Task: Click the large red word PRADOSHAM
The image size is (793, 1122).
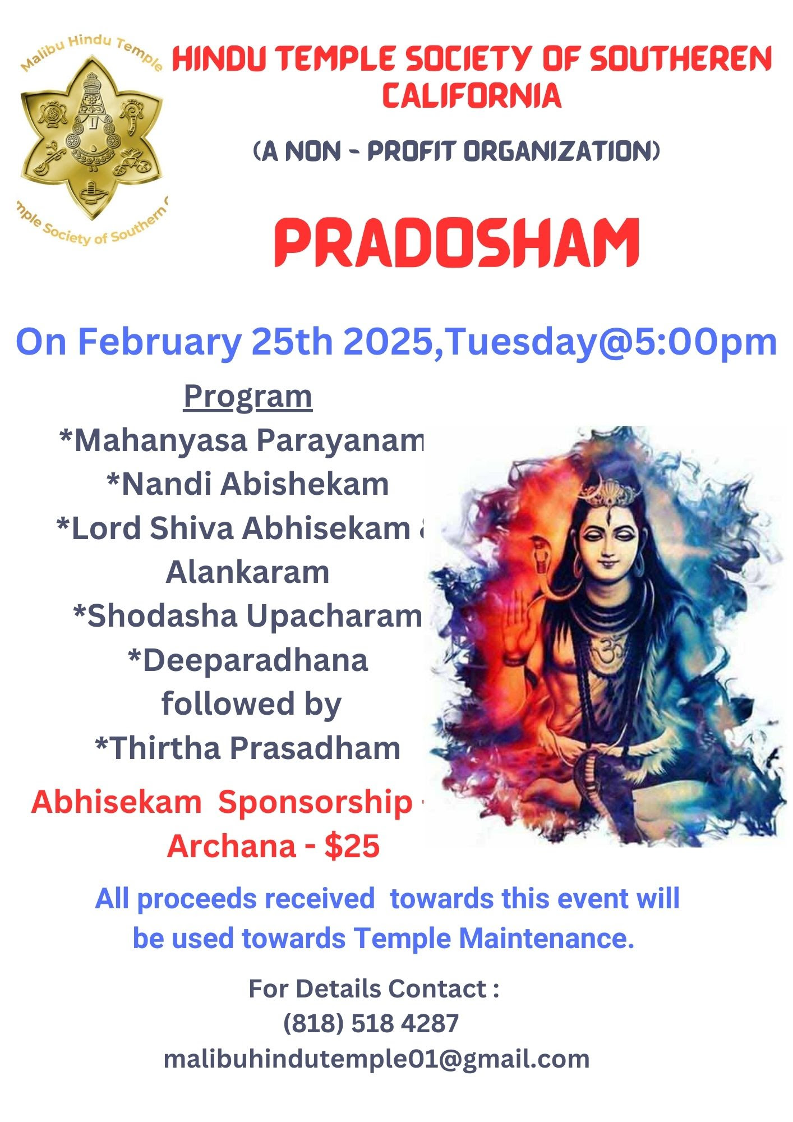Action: [x=457, y=242]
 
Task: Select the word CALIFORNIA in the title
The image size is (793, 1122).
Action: [x=472, y=95]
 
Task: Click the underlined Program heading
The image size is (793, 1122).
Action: [x=248, y=397]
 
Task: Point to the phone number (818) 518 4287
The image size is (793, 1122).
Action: [x=371, y=1023]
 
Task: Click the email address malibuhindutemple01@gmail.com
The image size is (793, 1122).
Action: [x=376, y=1059]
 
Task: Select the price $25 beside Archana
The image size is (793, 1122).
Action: [x=352, y=846]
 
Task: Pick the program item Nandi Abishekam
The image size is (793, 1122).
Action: [x=248, y=484]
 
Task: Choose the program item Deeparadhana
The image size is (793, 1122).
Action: [x=248, y=660]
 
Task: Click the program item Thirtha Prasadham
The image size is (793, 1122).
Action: [x=248, y=748]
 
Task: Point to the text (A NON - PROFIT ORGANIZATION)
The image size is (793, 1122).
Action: [x=457, y=151]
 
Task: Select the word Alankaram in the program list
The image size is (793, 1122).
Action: [x=248, y=572]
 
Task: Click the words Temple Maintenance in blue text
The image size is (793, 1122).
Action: [x=494, y=938]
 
